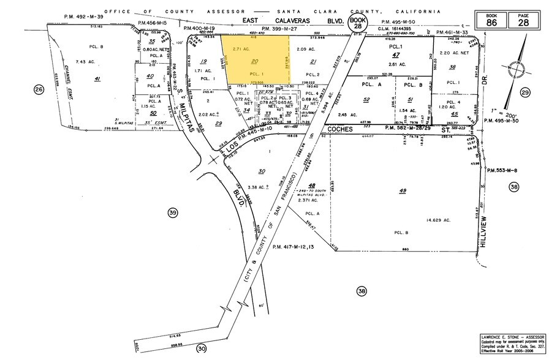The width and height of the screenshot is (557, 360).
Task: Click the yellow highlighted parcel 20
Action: (x=255, y=61)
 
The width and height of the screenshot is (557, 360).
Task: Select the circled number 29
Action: (x=525, y=92)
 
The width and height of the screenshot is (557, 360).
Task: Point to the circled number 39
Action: (x=173, y=212)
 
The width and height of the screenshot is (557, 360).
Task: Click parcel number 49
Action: (x=403, y=191)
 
